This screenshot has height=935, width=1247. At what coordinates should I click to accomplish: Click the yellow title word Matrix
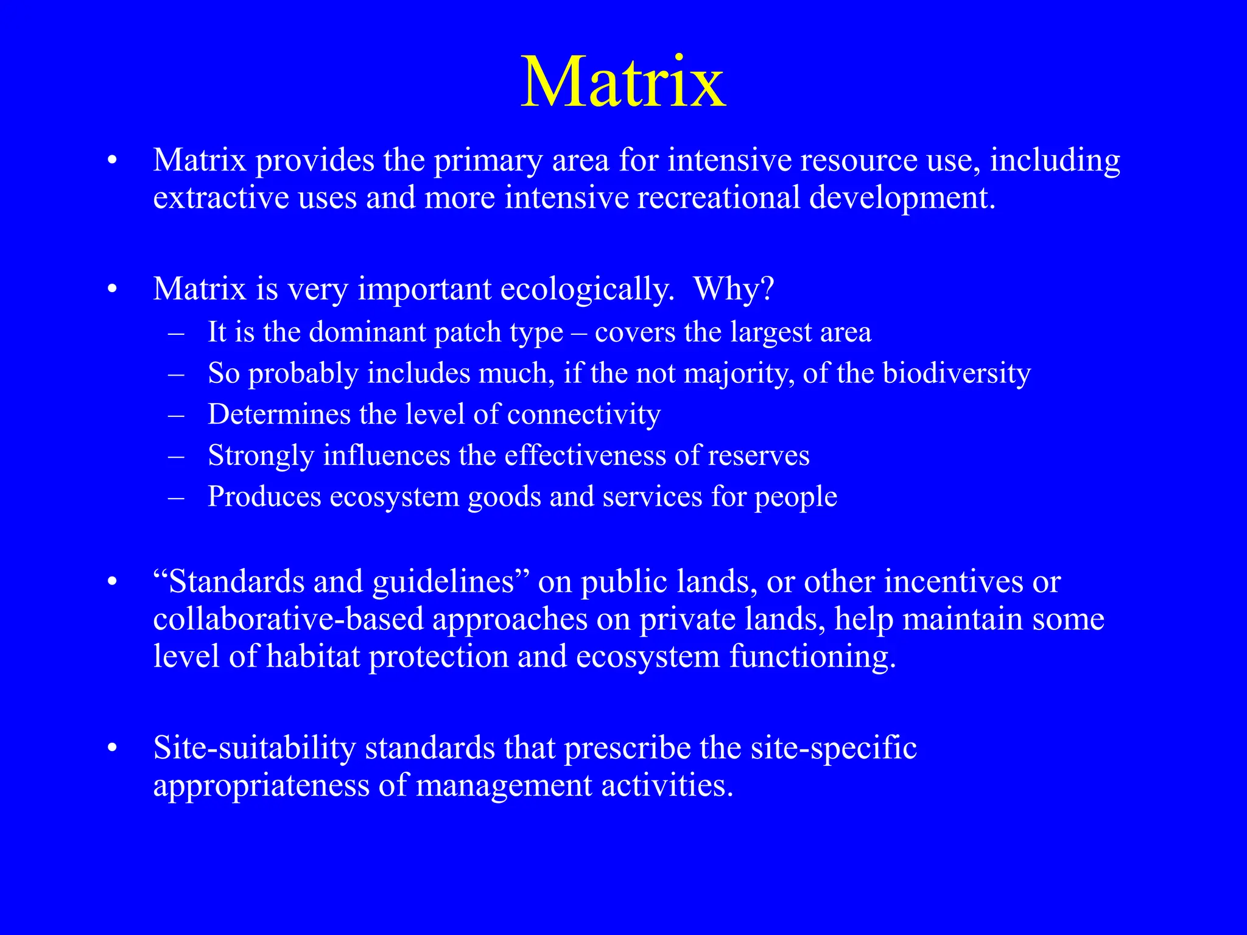click(x=623, y=82)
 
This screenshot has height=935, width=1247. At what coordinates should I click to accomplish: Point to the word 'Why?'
click(x=734, y=289)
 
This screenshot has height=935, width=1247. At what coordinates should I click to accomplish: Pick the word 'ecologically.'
click(x=587, y=290)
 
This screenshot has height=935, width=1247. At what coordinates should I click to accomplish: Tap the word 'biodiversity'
click(x=957, y=374)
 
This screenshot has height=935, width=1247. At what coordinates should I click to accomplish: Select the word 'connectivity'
click(x=583, y=415)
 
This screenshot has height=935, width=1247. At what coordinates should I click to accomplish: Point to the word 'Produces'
click(x=264, y=497)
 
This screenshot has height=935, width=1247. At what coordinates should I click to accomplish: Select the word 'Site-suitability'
click(x=254, y=748)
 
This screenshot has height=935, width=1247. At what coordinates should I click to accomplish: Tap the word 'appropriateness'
click(x=261, y=786)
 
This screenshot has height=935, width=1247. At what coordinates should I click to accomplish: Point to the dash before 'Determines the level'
click(x=176, y=415)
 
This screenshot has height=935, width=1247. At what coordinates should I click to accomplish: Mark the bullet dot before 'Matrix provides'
click(x=111, y=161)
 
